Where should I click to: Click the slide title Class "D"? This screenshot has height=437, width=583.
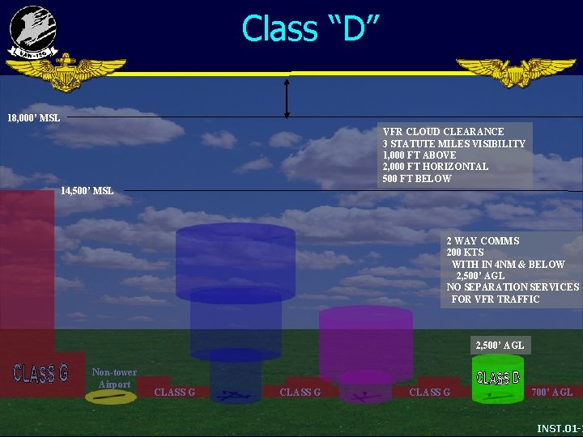[311, 28]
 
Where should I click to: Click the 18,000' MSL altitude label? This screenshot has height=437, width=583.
[33, 118]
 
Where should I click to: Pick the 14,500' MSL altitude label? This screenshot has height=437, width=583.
[87, 191]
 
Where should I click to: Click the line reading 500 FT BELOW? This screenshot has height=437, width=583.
[416, 178]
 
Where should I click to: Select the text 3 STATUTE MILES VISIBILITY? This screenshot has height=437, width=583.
[453, 143]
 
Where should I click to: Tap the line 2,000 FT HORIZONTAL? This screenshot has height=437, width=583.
[435, 167]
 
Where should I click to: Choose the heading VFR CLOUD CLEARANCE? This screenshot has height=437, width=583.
[442, 131]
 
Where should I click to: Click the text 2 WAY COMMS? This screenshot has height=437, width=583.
[483, 241]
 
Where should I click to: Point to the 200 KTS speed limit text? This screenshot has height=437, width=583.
[465, 252]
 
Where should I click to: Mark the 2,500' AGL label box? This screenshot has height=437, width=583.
[500, 346]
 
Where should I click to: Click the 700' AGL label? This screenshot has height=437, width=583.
[551, 392]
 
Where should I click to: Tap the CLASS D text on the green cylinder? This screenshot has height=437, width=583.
[498, 378]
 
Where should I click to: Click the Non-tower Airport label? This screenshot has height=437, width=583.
[114, 378]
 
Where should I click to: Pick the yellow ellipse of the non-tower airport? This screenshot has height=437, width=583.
[111, 397]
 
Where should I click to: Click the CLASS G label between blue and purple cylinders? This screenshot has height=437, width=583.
[300, 392]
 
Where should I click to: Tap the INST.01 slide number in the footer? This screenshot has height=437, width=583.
[560, 427]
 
